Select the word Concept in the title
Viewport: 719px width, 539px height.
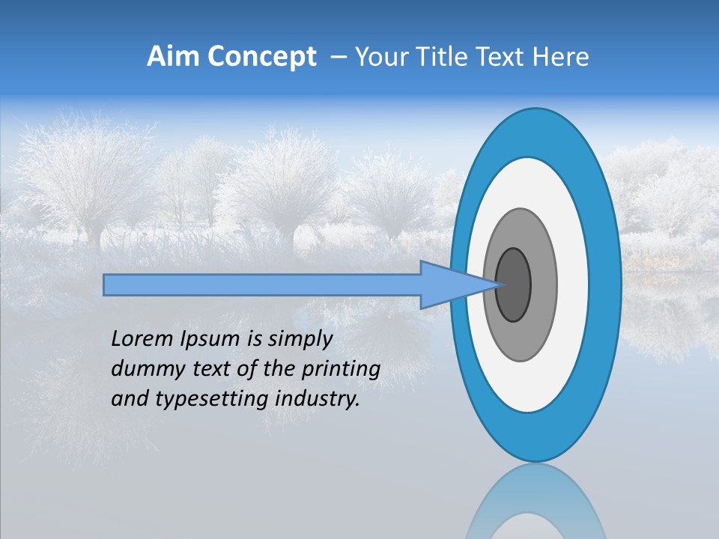coord(261,57)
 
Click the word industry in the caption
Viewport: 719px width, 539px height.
coord(317,400)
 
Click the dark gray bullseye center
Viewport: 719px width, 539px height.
coord(514,285)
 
